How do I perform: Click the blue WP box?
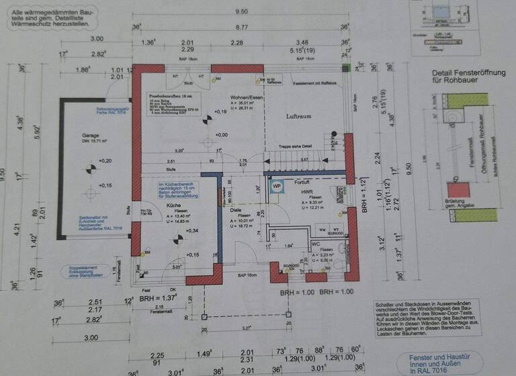276,187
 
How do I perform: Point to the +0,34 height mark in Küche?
191,231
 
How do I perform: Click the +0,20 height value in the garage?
104,161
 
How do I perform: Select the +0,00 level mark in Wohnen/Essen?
220,134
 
